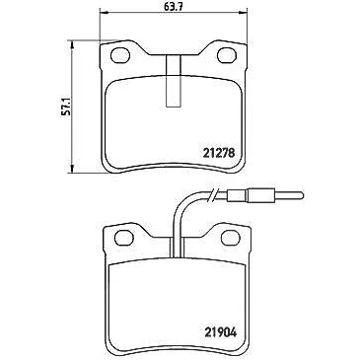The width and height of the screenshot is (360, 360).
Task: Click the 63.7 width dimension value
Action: click(174, 7)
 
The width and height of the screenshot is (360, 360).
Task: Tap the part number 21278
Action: click(219, 153)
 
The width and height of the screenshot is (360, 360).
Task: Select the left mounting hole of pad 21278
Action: click(120, 55)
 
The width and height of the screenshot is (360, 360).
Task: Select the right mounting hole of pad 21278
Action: click(227, 55)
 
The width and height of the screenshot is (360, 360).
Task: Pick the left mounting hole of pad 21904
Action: click(124, 238)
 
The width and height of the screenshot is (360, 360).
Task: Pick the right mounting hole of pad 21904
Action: click(231, 238)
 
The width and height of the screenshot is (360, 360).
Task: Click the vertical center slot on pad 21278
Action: click(174, 81)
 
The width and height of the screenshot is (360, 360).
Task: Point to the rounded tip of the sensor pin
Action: click(303, 195)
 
